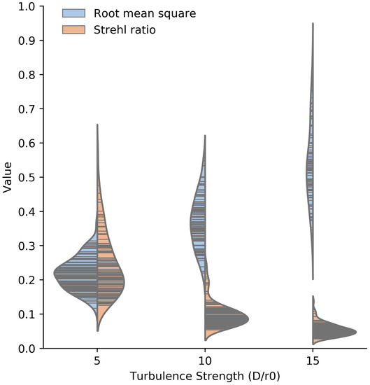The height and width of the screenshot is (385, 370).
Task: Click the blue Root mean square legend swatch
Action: pyautogui.click(x=73, y=13)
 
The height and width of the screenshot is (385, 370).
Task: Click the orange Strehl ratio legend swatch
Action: pyautogui.click(x=73, y=28)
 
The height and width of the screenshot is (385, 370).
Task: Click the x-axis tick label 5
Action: pyautogui.click(x=97, y=362)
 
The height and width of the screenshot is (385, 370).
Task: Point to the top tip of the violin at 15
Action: pyautogui.click(x=312, y=24)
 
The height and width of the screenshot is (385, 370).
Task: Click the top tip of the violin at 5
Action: pyautogui.click(x=97, y=125)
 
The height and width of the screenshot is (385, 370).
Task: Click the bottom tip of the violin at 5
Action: pyautogui.click(x=97, y=330)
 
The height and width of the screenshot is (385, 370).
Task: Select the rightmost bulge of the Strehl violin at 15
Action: pyautogui.click(x=356, y=332)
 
